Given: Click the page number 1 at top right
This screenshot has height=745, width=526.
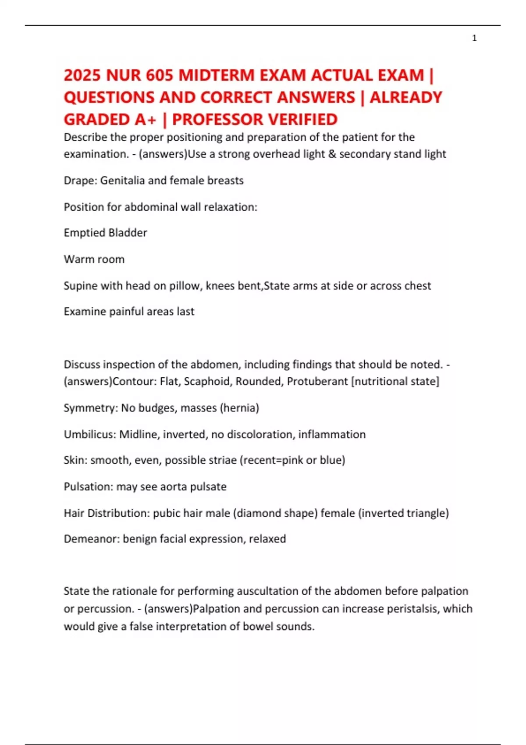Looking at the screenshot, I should (474, 38).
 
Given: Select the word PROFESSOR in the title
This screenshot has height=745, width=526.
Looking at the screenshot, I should (217, 119).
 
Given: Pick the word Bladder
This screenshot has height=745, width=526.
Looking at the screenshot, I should (127, 233).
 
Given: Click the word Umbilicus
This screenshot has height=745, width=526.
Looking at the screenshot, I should (89, 434).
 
